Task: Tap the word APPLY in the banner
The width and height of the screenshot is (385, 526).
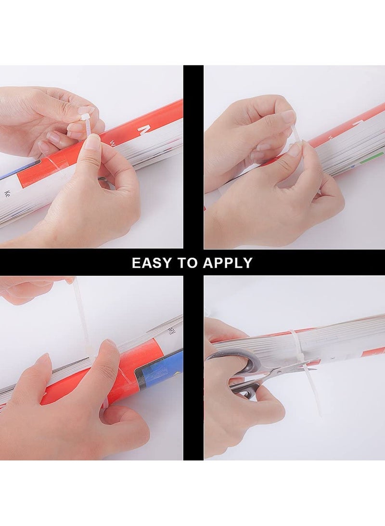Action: tap(227, 263)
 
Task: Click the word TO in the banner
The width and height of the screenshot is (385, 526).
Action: tap(192, 263)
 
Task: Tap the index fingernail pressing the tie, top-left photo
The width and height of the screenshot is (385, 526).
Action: tap(92, 141)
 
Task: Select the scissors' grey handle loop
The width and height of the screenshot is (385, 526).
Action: tap(235, 361)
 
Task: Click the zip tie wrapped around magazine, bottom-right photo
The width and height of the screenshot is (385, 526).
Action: tap(295, 347)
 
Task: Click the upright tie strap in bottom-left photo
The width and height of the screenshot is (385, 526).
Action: tap(82, 313)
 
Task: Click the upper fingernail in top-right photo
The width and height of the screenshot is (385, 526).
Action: tap(288, 116)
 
